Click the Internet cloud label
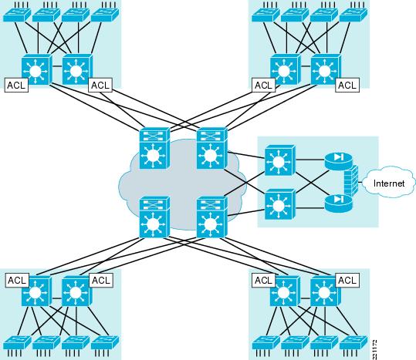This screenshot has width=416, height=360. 389,183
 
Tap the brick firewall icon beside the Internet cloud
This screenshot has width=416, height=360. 351,181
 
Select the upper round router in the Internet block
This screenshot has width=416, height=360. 339,161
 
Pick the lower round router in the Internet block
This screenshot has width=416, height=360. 339,204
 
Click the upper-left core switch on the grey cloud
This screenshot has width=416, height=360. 154,148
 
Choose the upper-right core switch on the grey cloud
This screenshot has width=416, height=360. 211,148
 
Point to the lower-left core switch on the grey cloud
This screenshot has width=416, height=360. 154,217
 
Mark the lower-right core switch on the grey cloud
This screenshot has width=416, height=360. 211,217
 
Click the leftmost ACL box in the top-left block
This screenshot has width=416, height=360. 16,86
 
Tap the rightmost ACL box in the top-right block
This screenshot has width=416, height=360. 347,86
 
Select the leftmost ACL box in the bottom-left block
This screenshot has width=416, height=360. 17,280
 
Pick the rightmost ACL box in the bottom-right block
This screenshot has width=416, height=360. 347,280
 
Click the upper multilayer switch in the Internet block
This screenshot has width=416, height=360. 279,160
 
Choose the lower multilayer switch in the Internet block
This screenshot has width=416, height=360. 279,204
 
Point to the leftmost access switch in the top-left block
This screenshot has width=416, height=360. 17,15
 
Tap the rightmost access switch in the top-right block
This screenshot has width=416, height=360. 353,15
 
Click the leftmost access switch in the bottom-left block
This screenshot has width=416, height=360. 17,342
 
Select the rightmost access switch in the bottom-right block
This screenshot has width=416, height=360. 353,342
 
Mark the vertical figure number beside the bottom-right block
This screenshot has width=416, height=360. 374,349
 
